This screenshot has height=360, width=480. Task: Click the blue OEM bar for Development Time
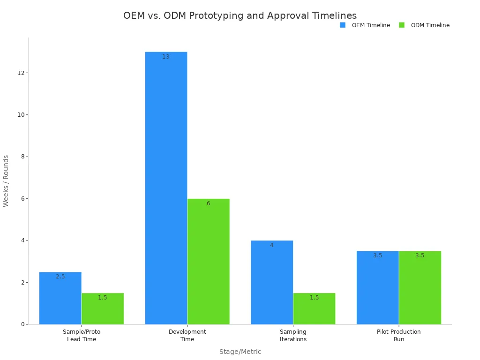coord(166,187)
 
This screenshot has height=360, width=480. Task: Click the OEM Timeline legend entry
coord(365,25)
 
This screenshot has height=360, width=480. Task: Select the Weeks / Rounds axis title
coord(6,180)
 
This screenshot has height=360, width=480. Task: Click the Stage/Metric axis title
coord(240,352)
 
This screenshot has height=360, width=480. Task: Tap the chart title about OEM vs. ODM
coord(240,15)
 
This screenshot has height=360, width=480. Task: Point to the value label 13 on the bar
coord(166,57)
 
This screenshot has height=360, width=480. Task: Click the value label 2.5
coord(60,277)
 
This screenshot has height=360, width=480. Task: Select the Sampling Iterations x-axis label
coord(293,335)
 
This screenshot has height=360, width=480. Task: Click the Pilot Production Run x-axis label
coord(398,335)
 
